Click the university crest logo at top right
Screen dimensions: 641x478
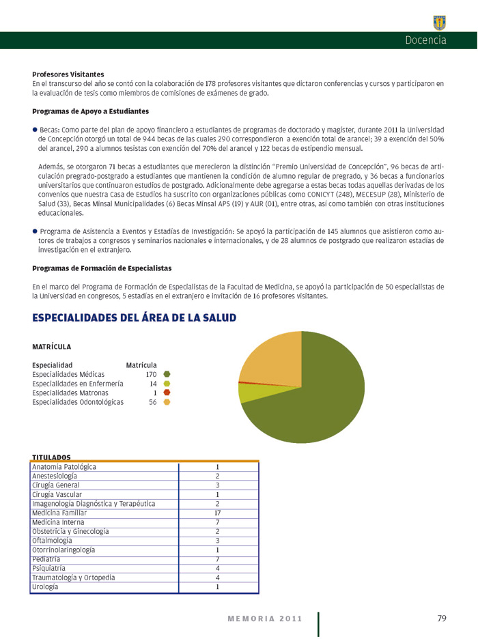tap(440, 23)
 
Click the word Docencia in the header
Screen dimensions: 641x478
tap(425, 40)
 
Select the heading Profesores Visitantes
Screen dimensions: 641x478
tap(68, 74)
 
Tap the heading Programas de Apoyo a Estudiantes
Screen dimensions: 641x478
tap(90, 111)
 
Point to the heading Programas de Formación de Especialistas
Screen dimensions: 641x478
tap(102, 268)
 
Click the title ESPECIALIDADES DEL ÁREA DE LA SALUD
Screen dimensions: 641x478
tap(134, 317)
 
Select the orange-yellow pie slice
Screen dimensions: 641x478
tap(273, 358)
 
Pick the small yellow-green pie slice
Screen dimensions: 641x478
tap(246, 392)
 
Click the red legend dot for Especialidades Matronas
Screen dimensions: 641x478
tap(167, 393)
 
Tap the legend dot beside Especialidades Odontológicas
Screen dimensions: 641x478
tap(167, 402)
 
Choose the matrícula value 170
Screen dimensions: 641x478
tap(151, 374)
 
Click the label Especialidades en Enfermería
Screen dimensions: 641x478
tap(77, 384)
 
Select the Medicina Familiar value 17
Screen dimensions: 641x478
tap(217, 512)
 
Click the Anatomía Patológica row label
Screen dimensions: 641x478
tap(64, 467)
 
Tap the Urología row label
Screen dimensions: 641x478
tap(45, 586)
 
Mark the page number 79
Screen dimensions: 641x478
tap(442, 618)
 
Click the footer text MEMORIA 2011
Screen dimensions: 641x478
tap(264, 619)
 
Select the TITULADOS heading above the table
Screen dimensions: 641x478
tap(51, 457)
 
